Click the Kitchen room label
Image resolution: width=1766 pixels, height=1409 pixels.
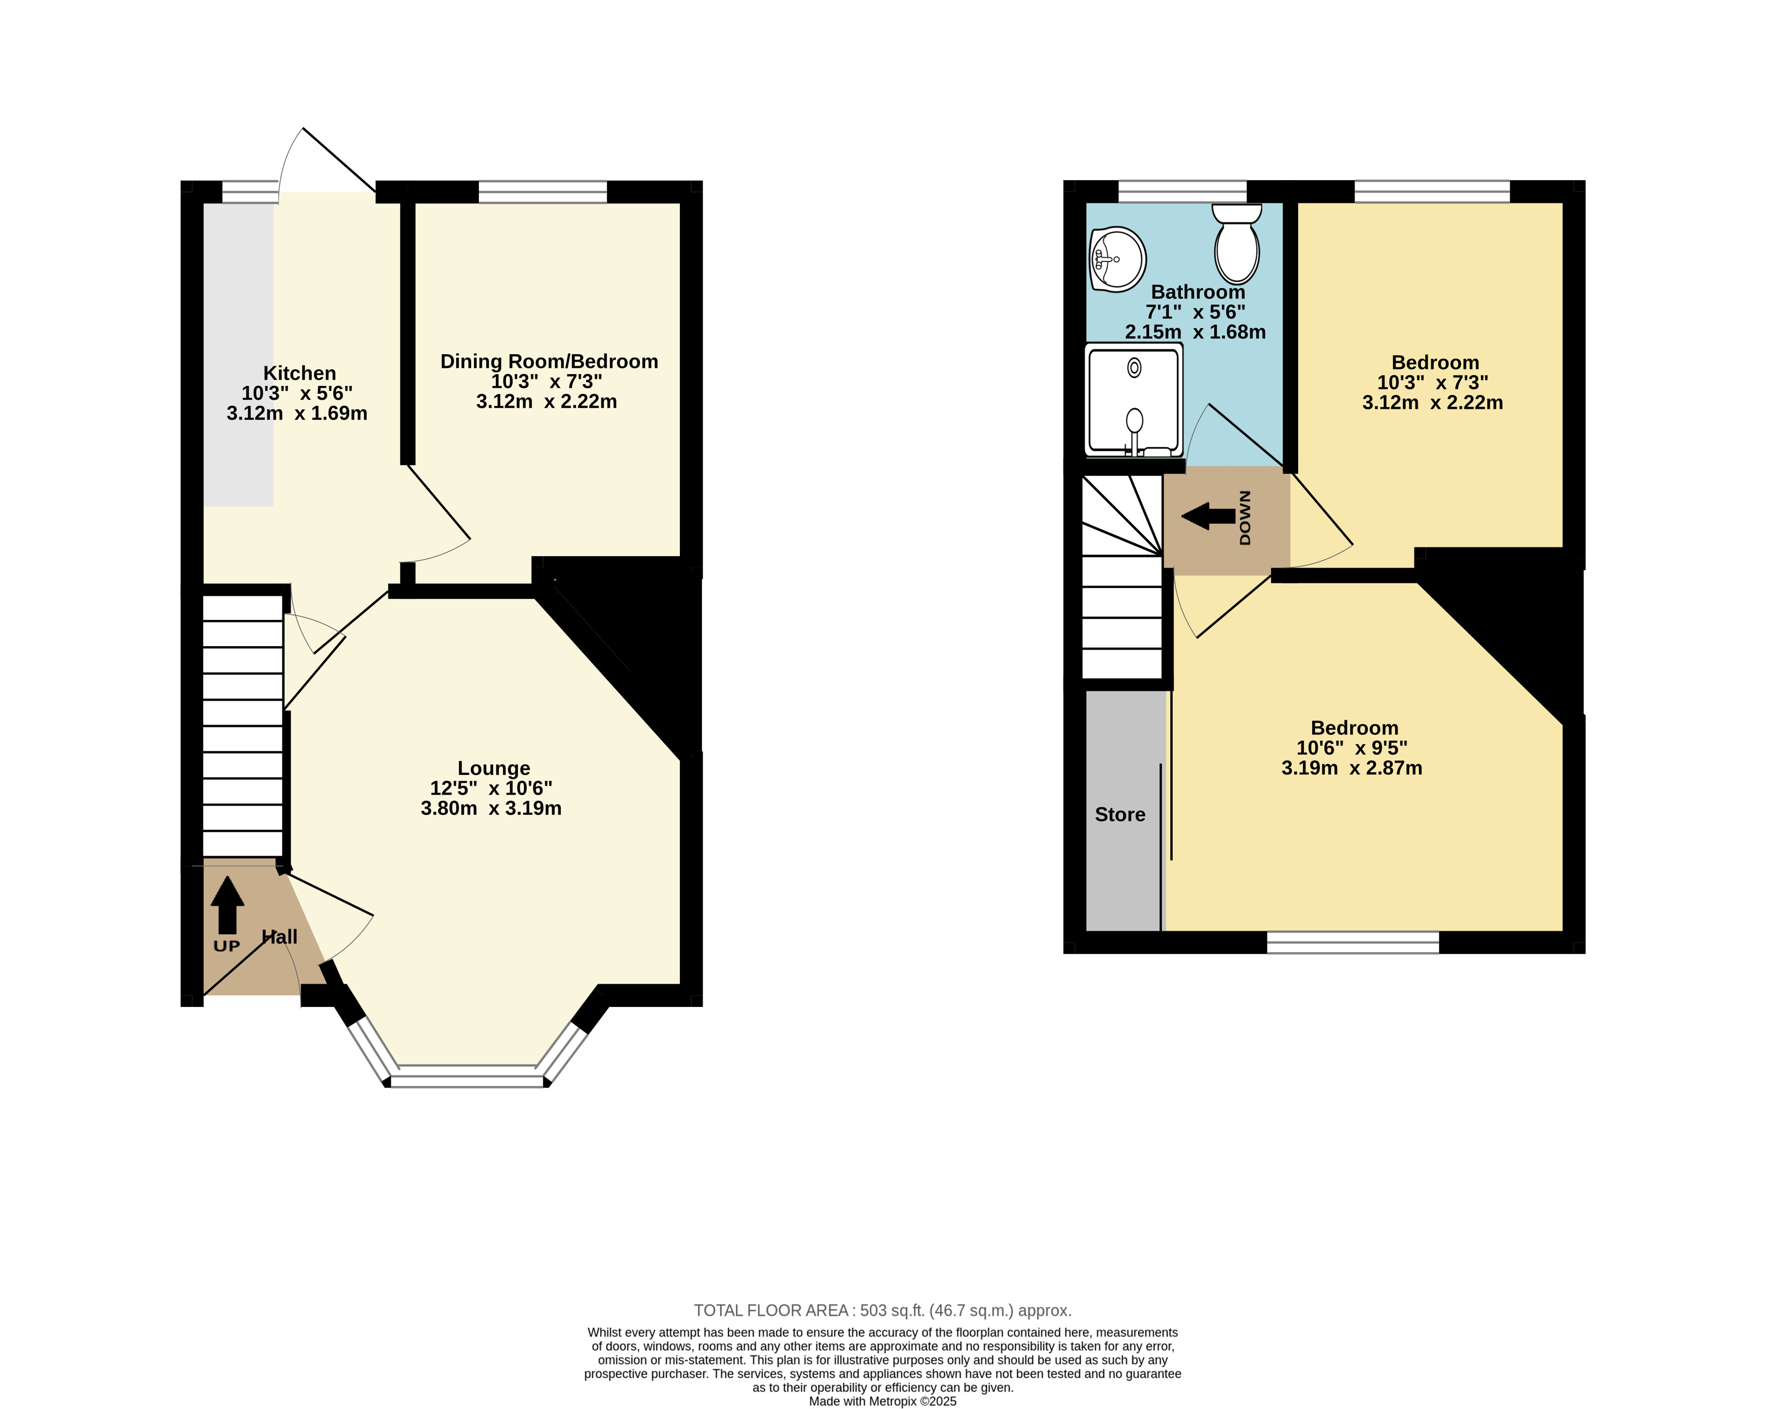(x=299, y=373)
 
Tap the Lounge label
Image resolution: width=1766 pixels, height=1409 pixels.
(x=494, y=768)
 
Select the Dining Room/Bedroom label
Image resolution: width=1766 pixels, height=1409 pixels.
(x=549, y=361)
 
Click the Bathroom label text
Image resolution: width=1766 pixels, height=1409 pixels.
(x=1197, y=291)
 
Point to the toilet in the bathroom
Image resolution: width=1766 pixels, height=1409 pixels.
(x=1237, y=244)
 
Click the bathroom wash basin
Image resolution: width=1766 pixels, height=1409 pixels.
(x=1117, y=259)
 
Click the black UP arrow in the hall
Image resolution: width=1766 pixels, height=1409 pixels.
(x=227, y=905)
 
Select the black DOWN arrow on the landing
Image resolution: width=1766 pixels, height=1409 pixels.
(x=1208, y=516)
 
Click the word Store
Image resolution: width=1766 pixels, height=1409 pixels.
(x=1120, y=815)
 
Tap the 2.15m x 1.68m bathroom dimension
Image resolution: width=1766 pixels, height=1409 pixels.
(x=1195, y=332)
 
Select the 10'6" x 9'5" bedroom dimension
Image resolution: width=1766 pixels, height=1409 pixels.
(x=1352, y=747)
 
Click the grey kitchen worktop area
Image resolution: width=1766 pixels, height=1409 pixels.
(x=238, y=354)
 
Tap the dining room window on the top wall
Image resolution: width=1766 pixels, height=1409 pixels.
(x=542, y=192)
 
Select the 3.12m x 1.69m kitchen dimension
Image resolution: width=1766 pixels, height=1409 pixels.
(x=297, y=414)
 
